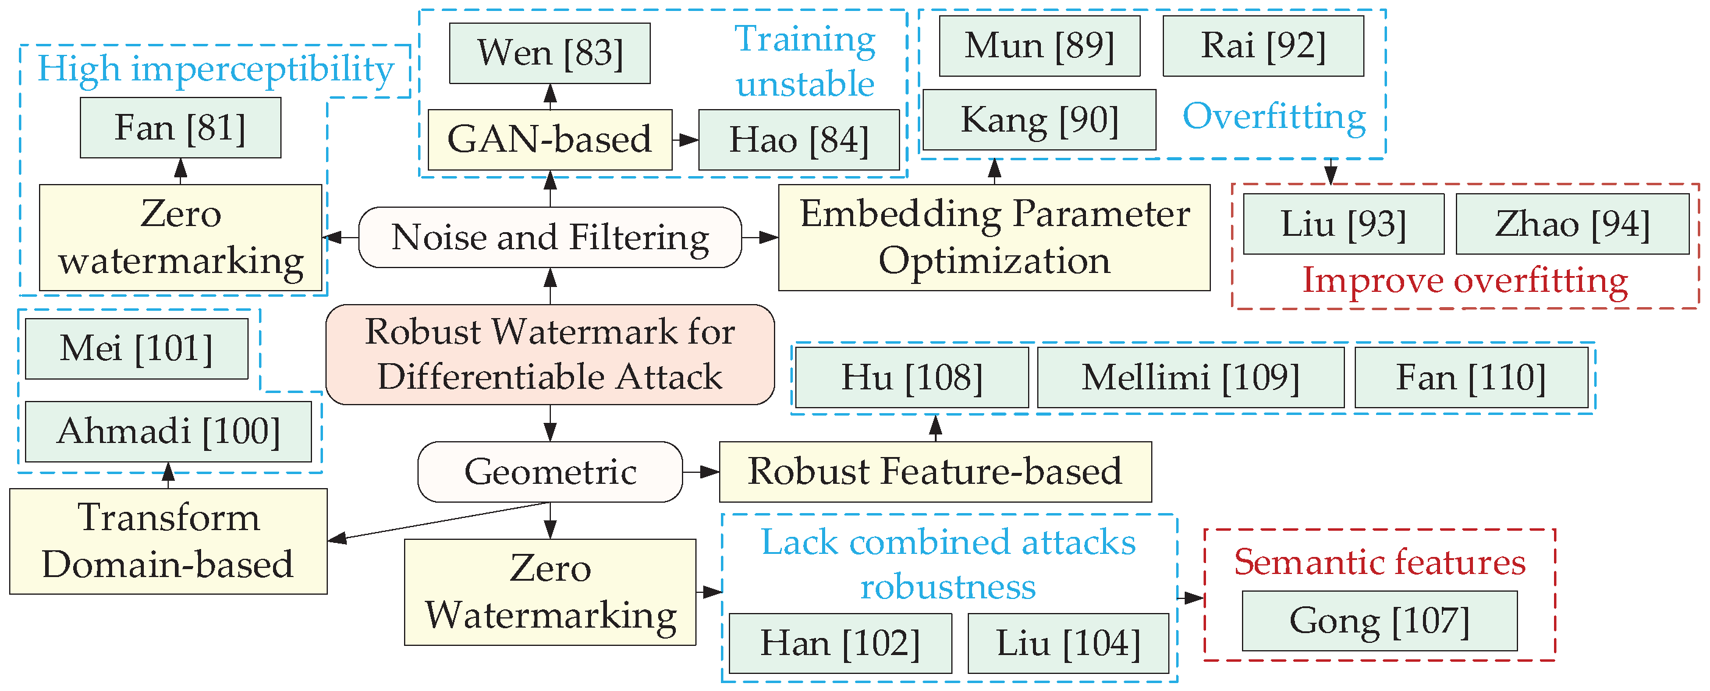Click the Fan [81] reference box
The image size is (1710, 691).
[180, 127]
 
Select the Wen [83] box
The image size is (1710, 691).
[550, 53]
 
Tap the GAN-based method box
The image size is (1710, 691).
[550, 140]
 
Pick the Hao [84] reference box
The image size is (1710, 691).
[798, 140]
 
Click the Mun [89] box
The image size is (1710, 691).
[1039, 46]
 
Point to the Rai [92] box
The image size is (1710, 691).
[1263, 46]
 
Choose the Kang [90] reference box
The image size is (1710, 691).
[1039, 120]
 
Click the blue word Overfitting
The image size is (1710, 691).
[1274, 117]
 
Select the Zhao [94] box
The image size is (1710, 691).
[1572, 224]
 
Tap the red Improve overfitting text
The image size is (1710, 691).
[1464, 281]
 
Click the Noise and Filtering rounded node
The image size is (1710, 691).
[550, 237]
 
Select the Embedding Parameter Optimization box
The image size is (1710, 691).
[994, 237]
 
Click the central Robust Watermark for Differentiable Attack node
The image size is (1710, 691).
[550, 355]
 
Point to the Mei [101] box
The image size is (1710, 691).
[136, 349]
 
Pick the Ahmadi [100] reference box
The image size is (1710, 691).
[168, 431]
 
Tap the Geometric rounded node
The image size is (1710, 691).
[550, 472]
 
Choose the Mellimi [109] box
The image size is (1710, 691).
[1190, 377]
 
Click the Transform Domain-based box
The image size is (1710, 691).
[168, 541]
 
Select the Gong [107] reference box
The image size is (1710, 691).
[1380, 621]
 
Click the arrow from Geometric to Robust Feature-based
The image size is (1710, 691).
[701, 472]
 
